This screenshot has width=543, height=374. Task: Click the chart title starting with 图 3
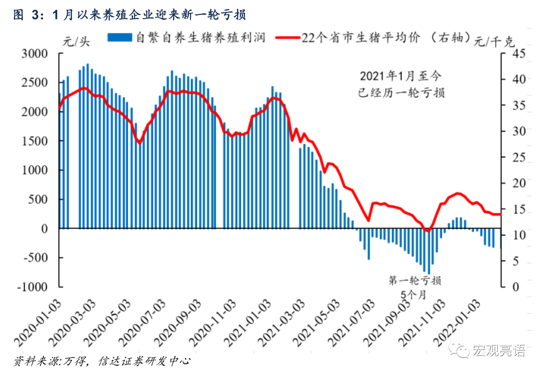point(130,15)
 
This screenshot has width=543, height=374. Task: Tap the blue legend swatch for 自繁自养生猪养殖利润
point(120,37)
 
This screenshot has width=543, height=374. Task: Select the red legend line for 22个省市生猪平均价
point(287,37)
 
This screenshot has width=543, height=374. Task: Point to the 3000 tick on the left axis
point(35,53)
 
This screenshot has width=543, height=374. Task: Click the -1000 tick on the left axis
point(32,287)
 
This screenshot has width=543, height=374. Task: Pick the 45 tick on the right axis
point(519,53)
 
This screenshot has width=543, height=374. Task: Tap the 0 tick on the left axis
point(44,229)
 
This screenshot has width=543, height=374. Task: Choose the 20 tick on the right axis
point(519,183)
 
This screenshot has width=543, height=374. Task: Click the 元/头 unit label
point(76,42)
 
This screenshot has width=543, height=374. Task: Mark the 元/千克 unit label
point(494,42)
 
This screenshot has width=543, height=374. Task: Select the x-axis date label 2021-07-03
point(352,322)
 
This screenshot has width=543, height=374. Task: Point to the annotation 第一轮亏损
point(415,280)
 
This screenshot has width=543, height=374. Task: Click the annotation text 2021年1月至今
point(401,76)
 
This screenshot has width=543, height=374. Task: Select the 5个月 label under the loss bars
point(413,295)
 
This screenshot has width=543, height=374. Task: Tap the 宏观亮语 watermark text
point(499,350)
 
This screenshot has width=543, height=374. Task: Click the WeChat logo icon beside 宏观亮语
point(459,350)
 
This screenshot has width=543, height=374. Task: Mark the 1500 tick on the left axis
point(35,141)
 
